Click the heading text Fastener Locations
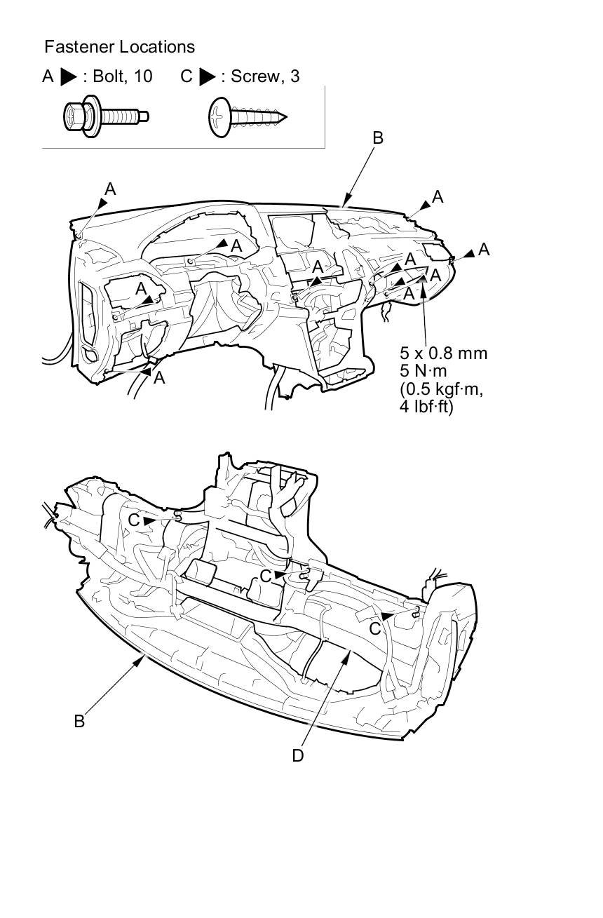[120, 47]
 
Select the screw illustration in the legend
[248, 117]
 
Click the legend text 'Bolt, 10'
[123, 76]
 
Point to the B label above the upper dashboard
[378, 138]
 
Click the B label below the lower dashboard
[79, 721]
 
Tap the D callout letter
[298, 756]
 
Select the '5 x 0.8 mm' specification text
[444, 353]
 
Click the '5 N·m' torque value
[424, 371]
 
